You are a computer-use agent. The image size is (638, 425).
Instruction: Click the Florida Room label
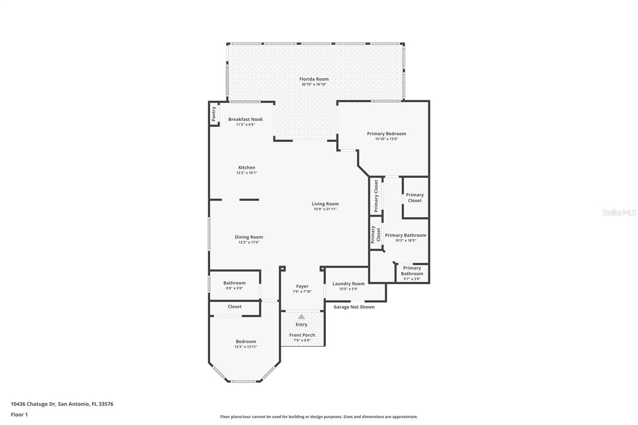tap(314, 79)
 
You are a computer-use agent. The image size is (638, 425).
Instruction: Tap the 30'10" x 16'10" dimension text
tap(314, 84)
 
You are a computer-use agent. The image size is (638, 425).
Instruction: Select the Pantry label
tap(214, 114)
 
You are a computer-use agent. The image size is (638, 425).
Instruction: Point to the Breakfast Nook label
tap(246, 119)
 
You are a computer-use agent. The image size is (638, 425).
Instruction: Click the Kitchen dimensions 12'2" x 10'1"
tap(247, 173)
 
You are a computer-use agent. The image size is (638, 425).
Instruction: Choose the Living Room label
tap(325, 204)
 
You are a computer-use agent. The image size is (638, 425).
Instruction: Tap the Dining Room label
tap(249, 237)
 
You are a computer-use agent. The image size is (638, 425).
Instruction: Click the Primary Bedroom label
tap(386, 134)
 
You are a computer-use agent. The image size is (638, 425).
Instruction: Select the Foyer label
tap(302, 286)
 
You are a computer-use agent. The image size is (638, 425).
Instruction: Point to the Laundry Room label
tap(349, 284)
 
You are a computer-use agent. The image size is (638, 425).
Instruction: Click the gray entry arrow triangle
tap(301, 317)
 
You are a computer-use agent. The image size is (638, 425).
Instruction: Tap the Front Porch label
tap(302, 335)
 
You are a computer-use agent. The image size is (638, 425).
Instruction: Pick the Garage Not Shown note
tap(354, 307)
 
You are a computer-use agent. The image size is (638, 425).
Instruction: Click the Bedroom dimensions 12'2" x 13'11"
tap(246, 347)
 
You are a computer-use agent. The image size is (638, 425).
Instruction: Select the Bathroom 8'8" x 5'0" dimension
tap(234, 288)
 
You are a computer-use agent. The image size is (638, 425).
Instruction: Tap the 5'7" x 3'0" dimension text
tap(412, 279)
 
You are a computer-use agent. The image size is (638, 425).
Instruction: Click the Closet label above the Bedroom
tap(234, 307)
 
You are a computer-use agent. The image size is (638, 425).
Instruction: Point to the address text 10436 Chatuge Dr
tap(33, 404)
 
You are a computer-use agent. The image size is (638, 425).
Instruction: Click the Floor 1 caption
tap(19, 415)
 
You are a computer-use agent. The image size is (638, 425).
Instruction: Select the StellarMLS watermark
tap(619, 212)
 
